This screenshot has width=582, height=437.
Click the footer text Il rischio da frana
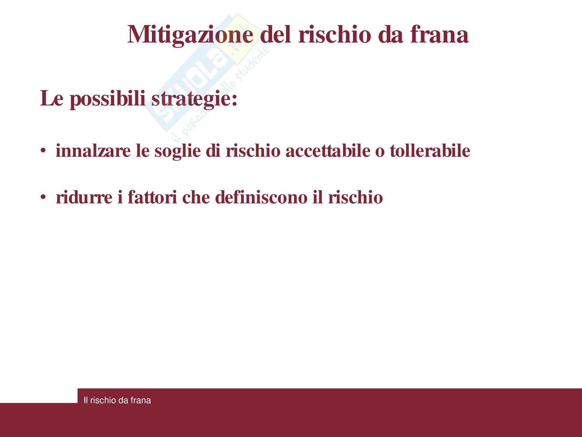(x=117, y=400)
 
